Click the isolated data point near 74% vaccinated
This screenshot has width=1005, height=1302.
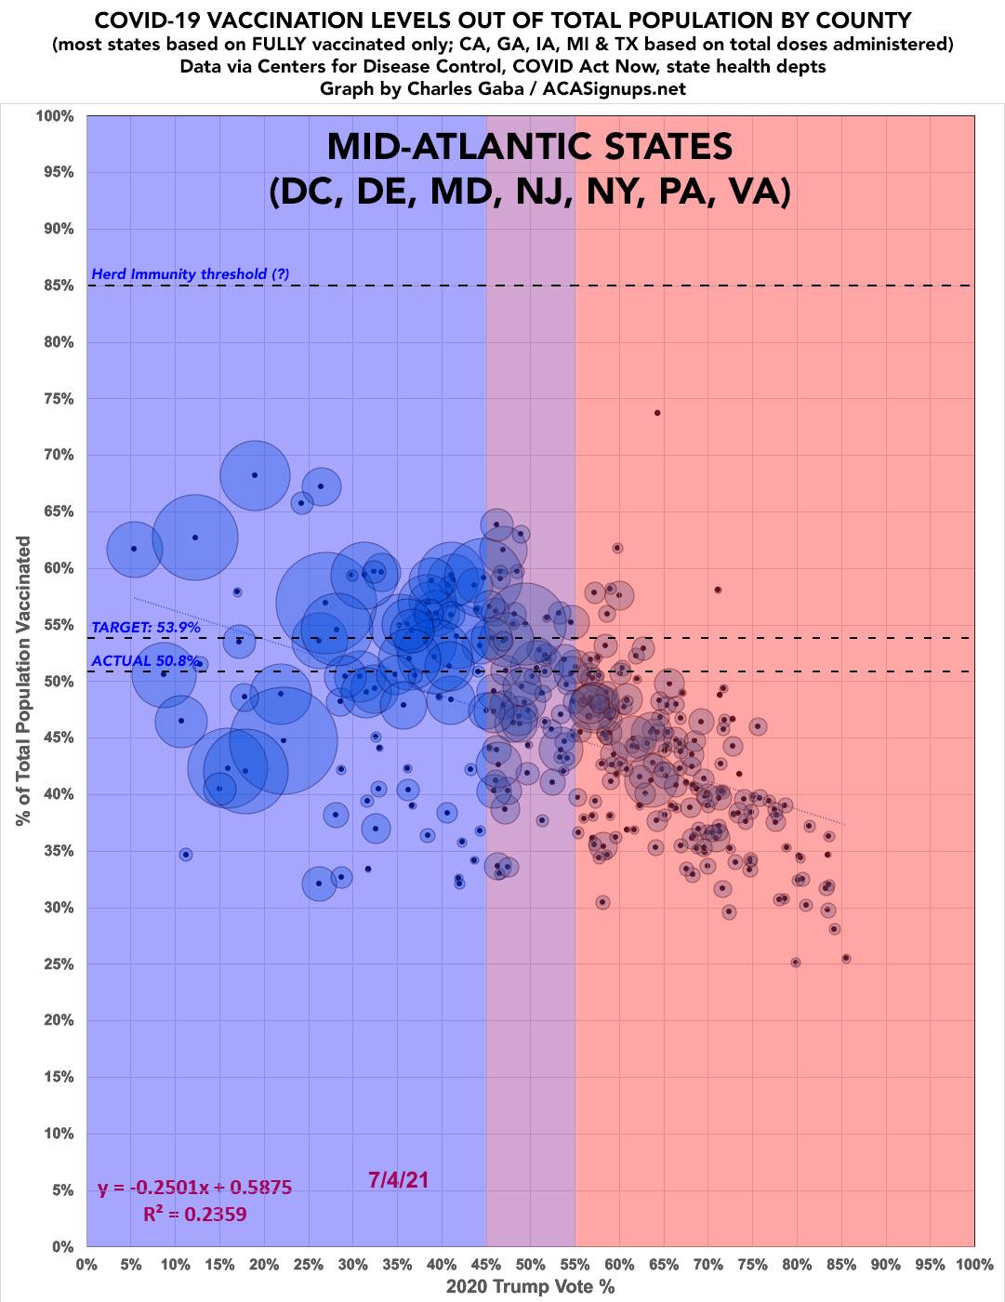(x=657, y=413)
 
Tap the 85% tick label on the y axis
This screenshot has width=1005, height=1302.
(x=55, y=286)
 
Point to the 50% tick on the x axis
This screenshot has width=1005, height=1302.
(x=530, y=1266)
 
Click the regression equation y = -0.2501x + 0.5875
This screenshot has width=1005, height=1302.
(x=195, y=1188)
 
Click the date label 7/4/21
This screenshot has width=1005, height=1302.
(x=398, y=1180)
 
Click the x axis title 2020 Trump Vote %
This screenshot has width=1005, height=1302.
(x=530, y=1288)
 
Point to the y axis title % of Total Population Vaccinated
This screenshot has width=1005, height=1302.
(x=22, y=681)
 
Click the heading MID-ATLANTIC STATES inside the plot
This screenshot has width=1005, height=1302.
(x=530, y=146)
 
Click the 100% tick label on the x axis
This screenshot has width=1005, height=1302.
(x=972, y=1266)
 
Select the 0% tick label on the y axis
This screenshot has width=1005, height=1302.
(x=61, y=1246)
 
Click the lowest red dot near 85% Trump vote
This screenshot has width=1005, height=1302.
(x=846, y=958)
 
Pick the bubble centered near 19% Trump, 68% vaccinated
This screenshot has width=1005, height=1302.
(x=255, y=475)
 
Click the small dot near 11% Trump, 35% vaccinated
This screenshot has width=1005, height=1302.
(x=186, y=855)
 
